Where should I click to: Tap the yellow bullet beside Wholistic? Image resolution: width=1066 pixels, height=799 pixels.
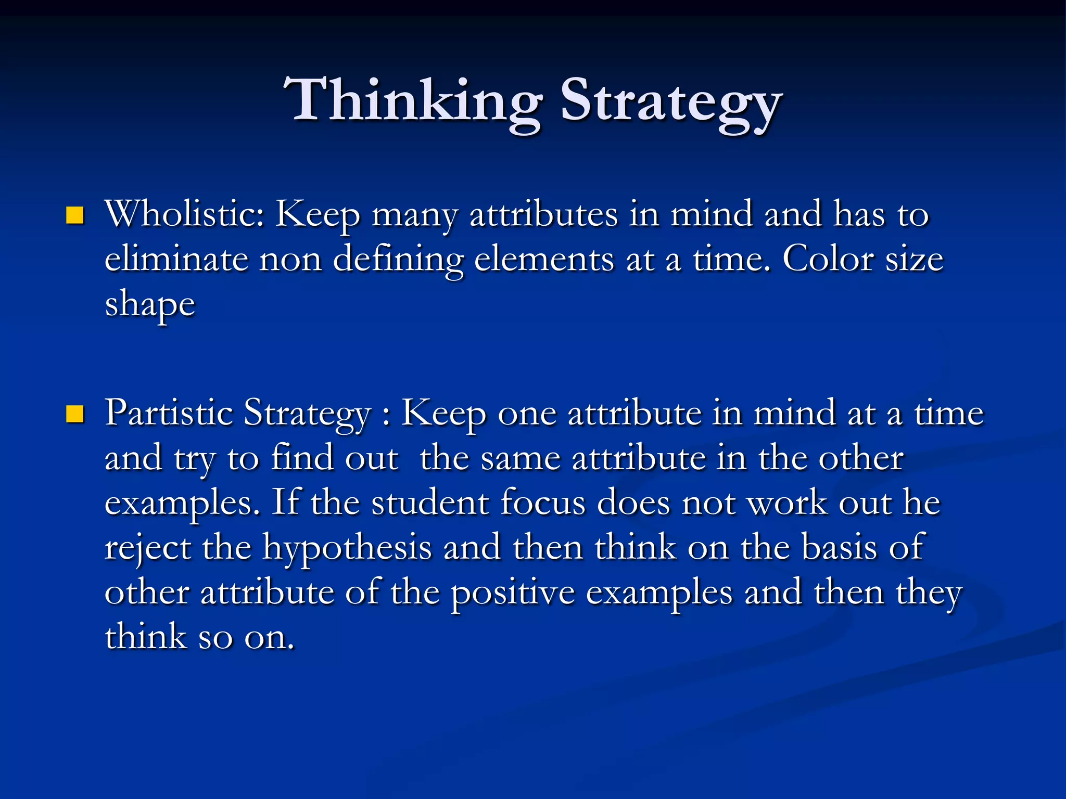(x=75, y=215)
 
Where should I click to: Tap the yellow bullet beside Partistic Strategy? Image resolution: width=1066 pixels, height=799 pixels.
(x=75, y=415)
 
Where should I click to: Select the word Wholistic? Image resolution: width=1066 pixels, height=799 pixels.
(x=185, y=214)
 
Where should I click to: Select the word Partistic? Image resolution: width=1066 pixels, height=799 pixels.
(x=169, y=413)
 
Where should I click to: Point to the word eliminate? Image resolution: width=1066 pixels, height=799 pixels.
(x=176, y=259)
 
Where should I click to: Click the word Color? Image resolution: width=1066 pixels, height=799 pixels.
(x=828, y=259)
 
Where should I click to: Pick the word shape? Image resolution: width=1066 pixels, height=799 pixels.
(x=150, y=305)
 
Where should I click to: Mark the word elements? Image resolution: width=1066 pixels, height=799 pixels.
(x=544, y=259)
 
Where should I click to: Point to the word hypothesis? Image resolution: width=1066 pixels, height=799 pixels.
(x=347, y=548)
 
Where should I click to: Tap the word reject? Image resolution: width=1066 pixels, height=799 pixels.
(x=148, y=548)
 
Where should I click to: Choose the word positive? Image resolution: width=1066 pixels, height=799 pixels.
(x=513, y=593)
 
